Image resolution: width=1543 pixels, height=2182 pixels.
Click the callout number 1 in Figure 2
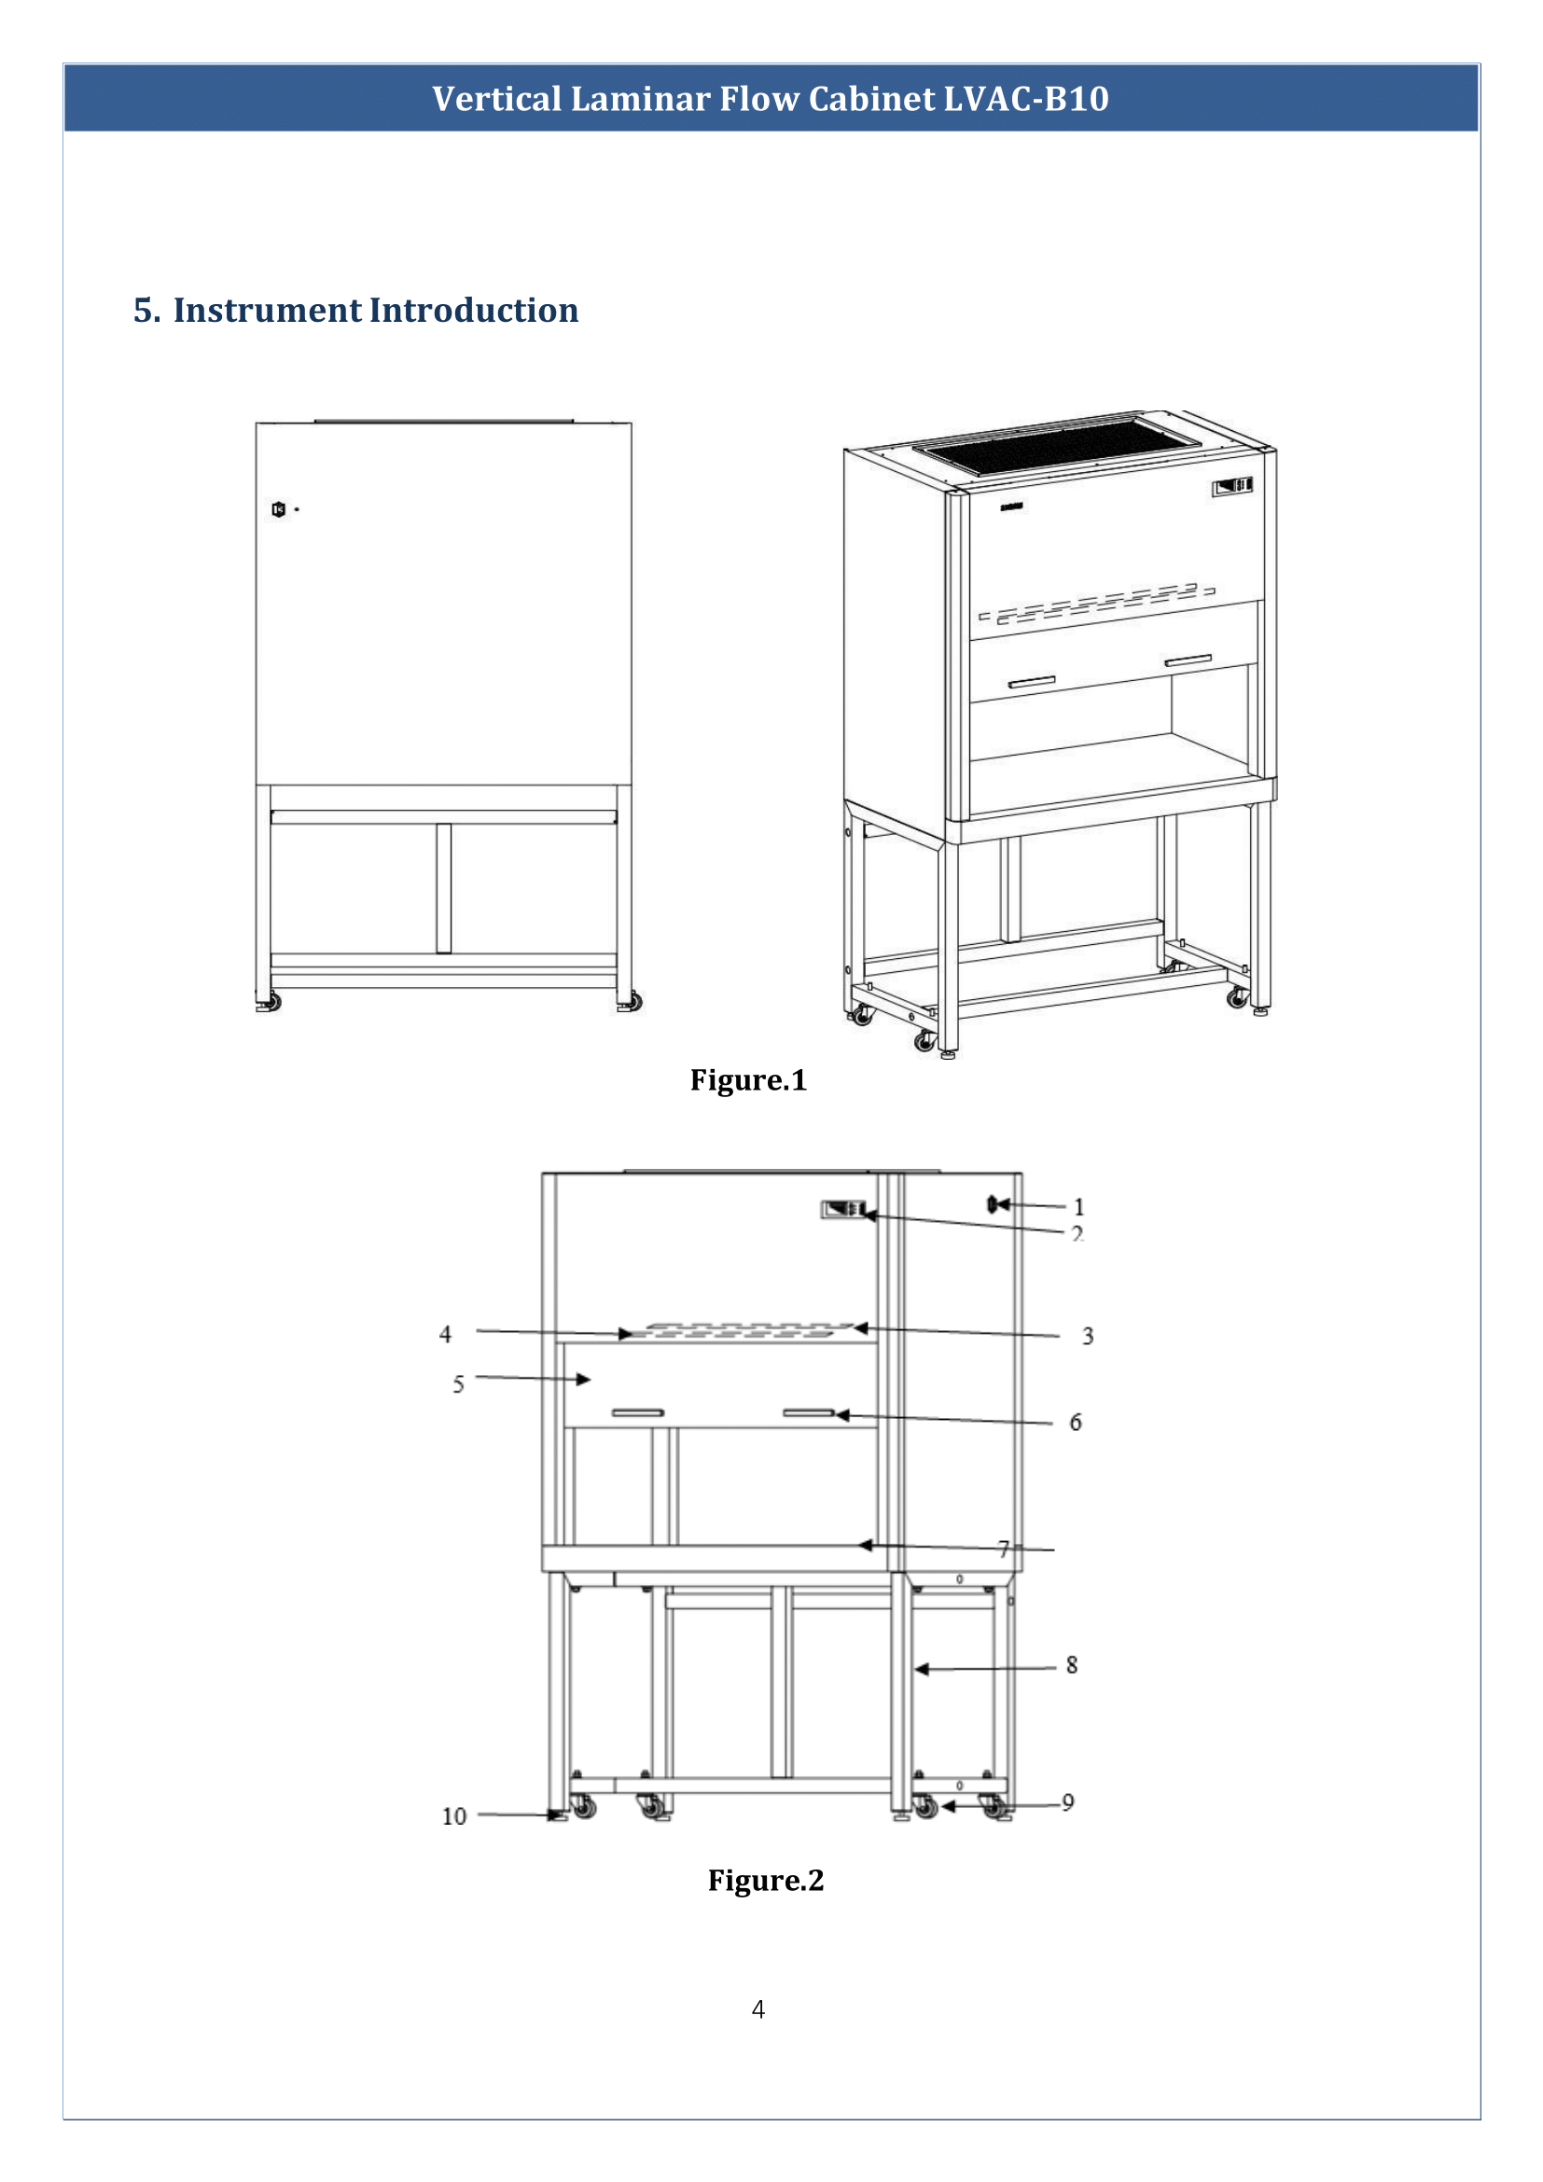pyautogui.click(x=1078, y=1207)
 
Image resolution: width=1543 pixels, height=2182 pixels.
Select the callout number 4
pyautogui.click(x=445, y=1334)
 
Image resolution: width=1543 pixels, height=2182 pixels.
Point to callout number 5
pyautogui.click(x=458, y=1384)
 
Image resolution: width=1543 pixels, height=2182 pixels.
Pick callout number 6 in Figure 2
pyautogui.click(x=1075, y=1423)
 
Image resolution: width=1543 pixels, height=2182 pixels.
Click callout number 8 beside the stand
pyautogui.click(x=1071, y=1665)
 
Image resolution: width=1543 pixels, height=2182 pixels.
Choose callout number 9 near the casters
pyautogui.click(x=1067, y=1803)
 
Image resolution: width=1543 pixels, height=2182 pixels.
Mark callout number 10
pyautogui.click(x=454, y=1817)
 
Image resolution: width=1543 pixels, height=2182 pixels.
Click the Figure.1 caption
pyautogui.click(x=748, y=1080)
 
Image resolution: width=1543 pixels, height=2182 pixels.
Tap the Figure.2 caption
pyautogui.click(x=765, y=1881)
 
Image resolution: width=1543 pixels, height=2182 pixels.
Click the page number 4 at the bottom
pyautogui.click(x=758, y=2009)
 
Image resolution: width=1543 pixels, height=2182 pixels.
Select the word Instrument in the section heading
pyautogui.click(x=267, y=311)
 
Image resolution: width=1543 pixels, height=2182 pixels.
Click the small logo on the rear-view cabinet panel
pyautogui.click(x=278, y=509)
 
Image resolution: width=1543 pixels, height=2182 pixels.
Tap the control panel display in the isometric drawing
pyautogui.click(x=1231, y=488)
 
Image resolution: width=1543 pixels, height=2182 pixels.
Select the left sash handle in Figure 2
pyautogui.click(x=637, y=1413)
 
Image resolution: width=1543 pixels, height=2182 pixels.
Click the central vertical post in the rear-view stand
pyautogui.click(x=444, y=887)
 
